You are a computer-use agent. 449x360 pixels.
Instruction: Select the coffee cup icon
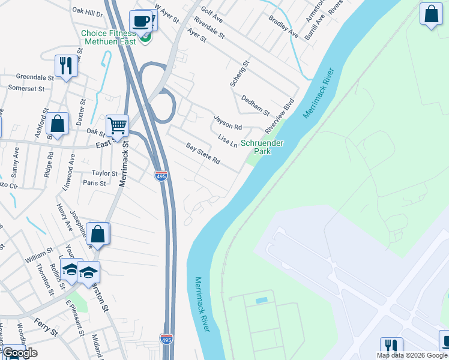click(140, 22)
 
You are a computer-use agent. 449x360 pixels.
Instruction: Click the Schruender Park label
click(262, 147)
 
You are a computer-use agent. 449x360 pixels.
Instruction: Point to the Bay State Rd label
click(203, 154)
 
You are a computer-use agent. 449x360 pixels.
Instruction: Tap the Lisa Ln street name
click(228, 142)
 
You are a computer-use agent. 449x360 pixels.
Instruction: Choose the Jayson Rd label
click(228, 124)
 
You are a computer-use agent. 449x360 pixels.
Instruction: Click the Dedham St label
click(255, 104)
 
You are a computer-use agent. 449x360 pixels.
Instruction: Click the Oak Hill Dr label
click(87, 11)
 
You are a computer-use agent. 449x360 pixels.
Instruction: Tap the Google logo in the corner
click(20, 353)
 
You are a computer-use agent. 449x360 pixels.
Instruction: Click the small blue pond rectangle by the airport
click(261, 300)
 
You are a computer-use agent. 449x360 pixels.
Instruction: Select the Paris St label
click(94, 183)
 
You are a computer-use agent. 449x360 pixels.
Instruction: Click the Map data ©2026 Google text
click(412, 355)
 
